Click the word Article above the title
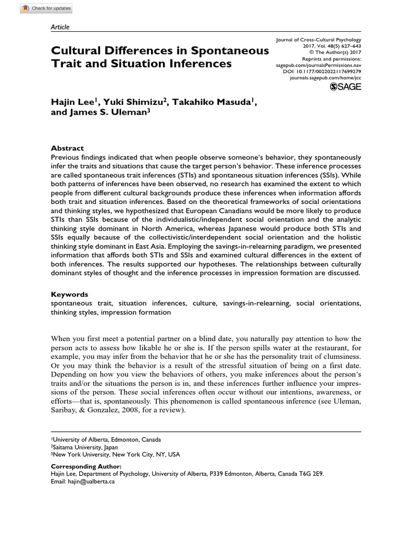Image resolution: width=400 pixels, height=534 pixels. pyautogui.click(x=60, y=27)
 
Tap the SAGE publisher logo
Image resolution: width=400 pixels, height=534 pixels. pyautogui.click(x=345, y=87)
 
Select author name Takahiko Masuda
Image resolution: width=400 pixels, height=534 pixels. pyautogui.click(x=212, y=102)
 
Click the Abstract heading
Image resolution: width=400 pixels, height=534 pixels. pyautogui.click(x=67, y=148)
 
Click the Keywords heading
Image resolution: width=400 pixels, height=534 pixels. pyautogui.click(x=69, y=294)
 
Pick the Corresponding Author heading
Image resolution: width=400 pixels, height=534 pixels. pyautogui.click(x=85, y=466)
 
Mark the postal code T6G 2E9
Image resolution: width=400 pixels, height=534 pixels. pyautogui.click(x=312, y=474)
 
